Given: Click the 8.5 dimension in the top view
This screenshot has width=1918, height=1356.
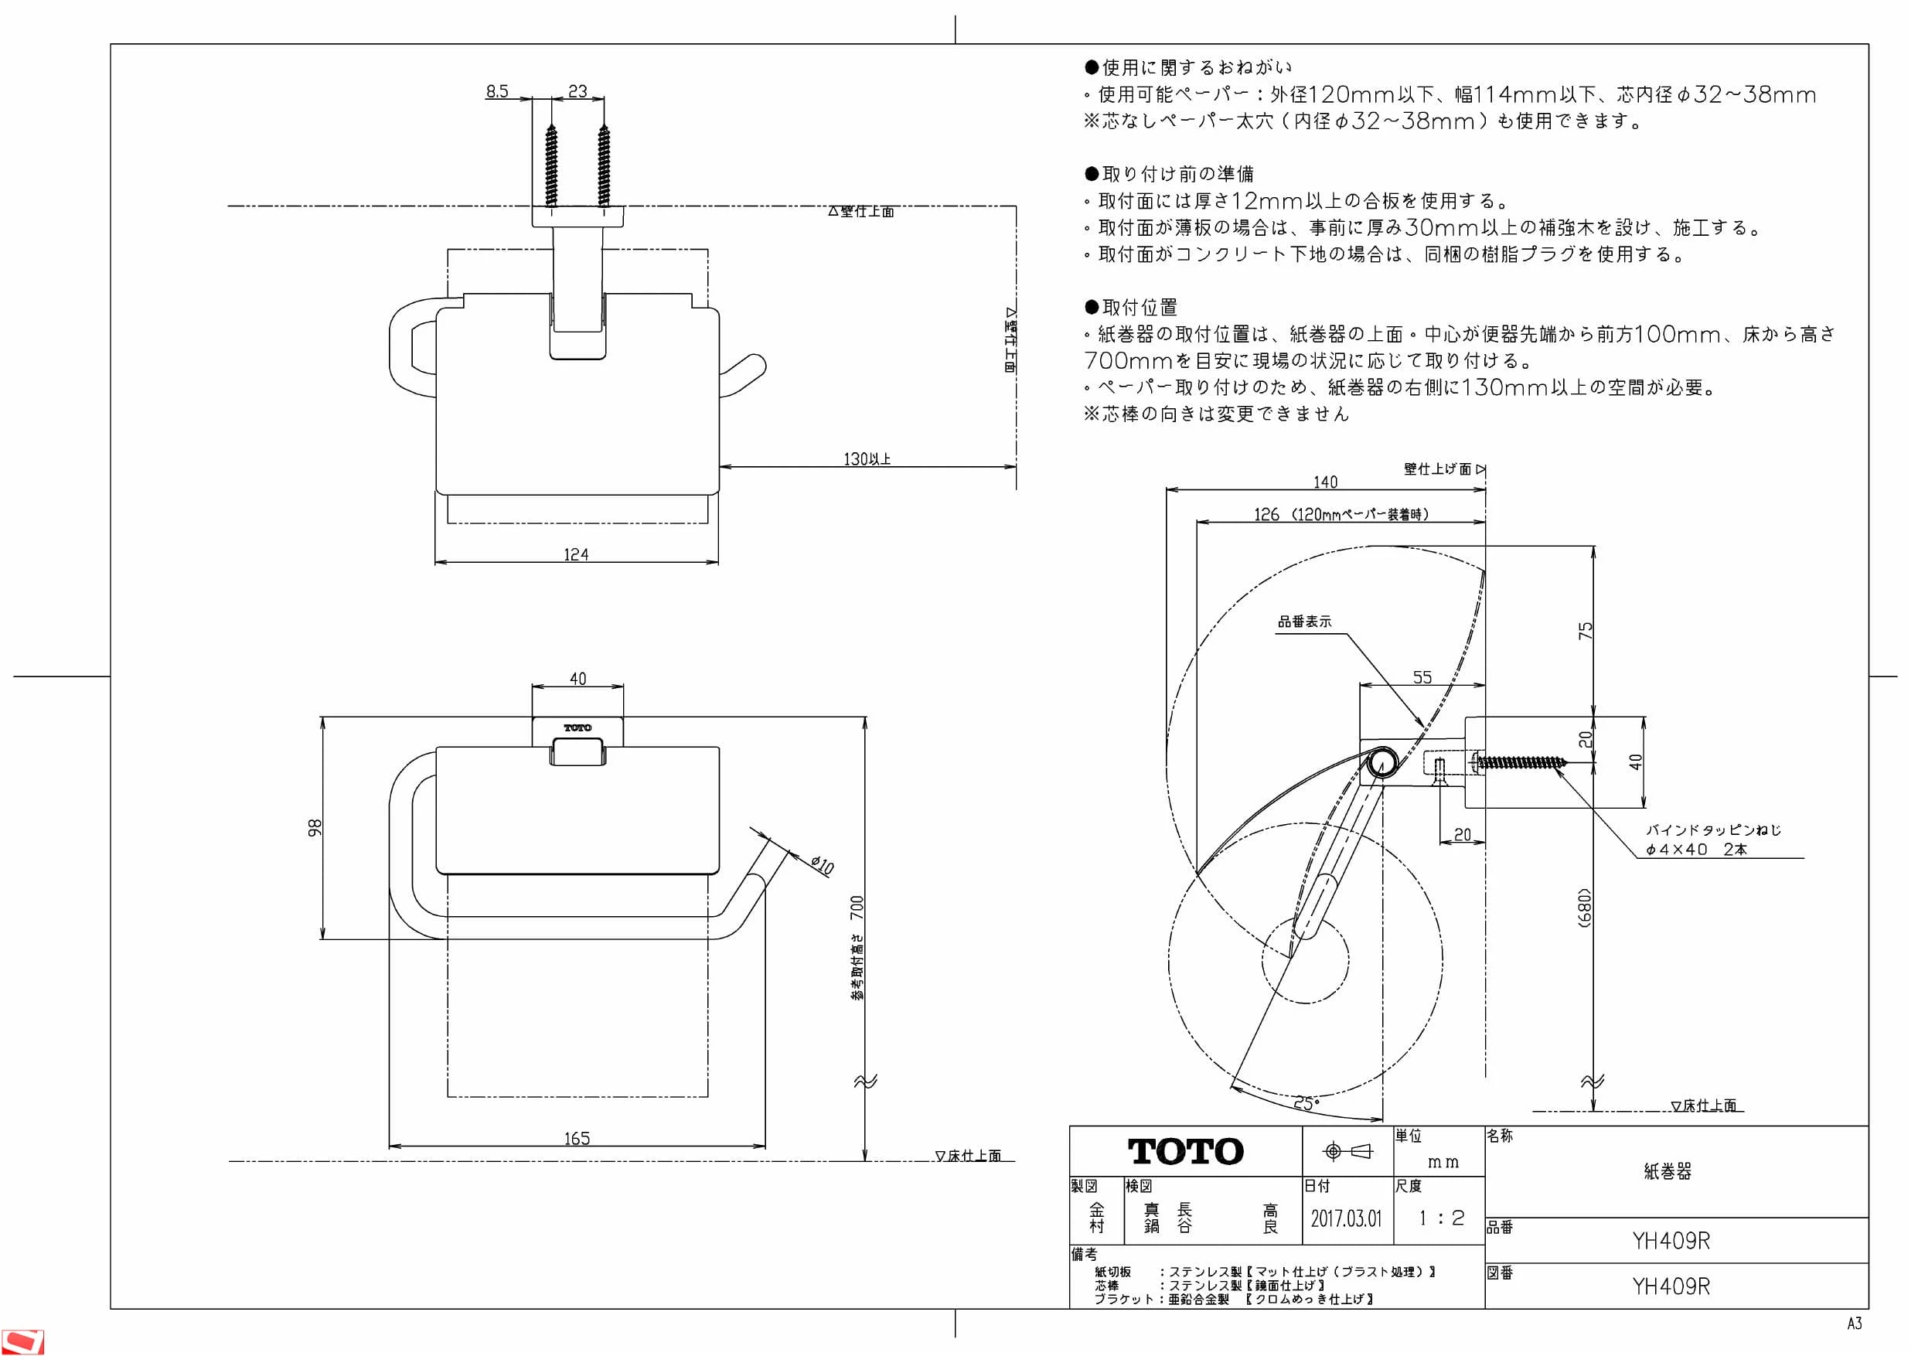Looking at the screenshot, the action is pyautogui.click(x=497, y=91).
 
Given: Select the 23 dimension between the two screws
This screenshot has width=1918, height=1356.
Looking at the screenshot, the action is pyautogui.click(x=578, y=91).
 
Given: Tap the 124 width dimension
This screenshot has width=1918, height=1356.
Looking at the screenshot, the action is pyautogui.click(x=576, y=555).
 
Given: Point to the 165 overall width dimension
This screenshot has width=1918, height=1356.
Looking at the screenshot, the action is pyautogui.click(x=577, y=1139).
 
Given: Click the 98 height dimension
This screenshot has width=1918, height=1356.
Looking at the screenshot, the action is pyautogui.click(x=314, y=827).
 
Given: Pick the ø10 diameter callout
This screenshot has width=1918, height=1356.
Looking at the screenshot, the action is pyautogui.click(x=822, y=865).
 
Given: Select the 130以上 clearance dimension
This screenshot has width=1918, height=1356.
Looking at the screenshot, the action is pyautogui.click(x=867, y=458).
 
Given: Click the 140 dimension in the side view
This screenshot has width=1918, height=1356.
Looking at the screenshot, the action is pyautogui.click(x=1325, y=482).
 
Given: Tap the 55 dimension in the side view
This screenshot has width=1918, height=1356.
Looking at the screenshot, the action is pyautogui.click(x=1422, y=677).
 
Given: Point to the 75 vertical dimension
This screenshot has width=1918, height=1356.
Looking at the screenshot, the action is pyautogui.click(x=1585, y=631).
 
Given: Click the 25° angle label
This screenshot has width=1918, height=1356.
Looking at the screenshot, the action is pyautogui.click(x=1306, y=1104).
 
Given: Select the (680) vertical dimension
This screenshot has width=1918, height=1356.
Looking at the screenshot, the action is pyautogui.click(x=1585, y=908).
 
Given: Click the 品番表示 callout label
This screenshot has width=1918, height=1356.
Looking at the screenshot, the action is pyautogui.click(x=1305, y=622).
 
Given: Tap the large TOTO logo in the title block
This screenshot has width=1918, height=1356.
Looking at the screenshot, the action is pyautogui.click(x=1185, y=1151).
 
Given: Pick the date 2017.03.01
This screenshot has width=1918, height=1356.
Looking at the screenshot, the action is pyautogui.click(x=1346, y=1218).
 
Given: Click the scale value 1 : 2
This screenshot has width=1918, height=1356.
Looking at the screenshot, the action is pyautogui.click(x=1442, y=1218).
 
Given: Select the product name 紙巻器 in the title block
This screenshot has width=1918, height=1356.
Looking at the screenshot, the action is pyautogui.click(x=1668, y=1171).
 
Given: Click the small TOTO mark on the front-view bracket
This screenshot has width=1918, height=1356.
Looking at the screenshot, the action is pyautogui.click(x=577, y=728).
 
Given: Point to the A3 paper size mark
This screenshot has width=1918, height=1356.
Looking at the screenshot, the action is pyautogui.click(x=1855, y=1324).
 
